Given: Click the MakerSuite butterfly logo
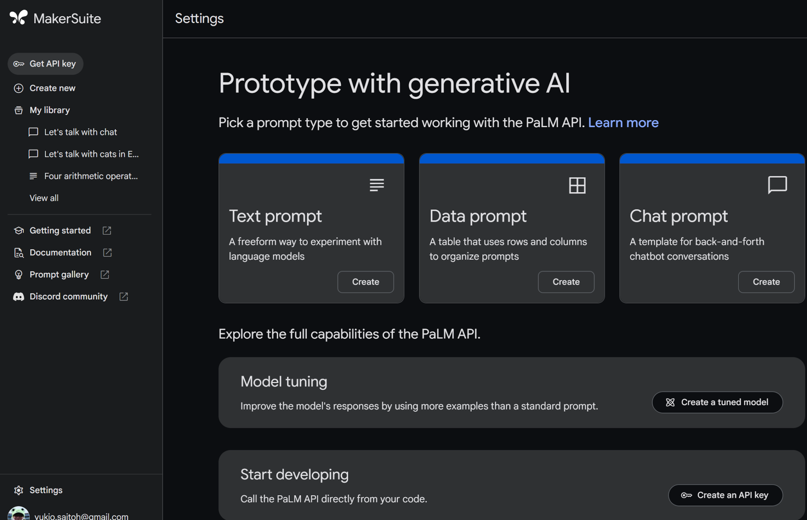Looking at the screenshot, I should click(x=18, y=18).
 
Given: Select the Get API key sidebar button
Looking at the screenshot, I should click(x=45, y=64).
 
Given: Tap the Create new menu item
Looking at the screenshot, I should click(x=52, y=88).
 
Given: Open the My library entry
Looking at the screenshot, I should click(x=49, y=110).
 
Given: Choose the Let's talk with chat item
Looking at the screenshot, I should click(x=80, y=132).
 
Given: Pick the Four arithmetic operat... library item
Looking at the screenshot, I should click(x=91, y=176).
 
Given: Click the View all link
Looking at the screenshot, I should click(x=44, y=198).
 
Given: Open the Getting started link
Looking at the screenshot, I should click(x=60, y=231).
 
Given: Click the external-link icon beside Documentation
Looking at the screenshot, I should click(x=107, y=253).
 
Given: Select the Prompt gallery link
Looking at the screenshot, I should click(x=59, y=274).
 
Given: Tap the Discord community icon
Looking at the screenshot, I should click(x=19, y=296).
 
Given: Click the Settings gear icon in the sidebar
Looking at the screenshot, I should click(x=19, y=490).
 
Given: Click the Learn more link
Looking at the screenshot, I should click(x=623, y=123).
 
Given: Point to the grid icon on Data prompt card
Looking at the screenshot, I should click(x=577, y=185).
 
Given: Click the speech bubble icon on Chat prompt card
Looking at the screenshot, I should click(x=777, y=185).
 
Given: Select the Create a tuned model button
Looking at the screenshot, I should click(x=717, y=402).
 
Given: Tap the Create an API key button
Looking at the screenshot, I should click(x=725, y=495).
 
